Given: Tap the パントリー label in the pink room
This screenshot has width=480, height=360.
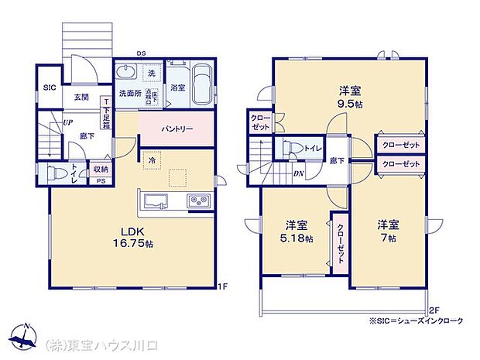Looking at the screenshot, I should pyautogui.click(x=177, y=129).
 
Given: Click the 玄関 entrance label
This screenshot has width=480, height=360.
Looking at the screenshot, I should pyautogui.click(x=81, y=98).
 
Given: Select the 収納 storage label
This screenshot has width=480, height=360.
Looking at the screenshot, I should pyautogui.click(x=100, y=169).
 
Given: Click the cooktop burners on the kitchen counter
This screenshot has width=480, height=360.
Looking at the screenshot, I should pyautogui.click(x=199, y=201).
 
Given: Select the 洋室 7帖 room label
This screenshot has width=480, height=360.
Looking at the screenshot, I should pyautogui.click(x=388, y=231).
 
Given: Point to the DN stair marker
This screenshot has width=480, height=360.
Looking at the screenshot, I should pyautogui.click(x=298, y=173).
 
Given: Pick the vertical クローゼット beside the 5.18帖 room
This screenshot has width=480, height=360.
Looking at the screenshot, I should pyautogui.click(x=341, y=242).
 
